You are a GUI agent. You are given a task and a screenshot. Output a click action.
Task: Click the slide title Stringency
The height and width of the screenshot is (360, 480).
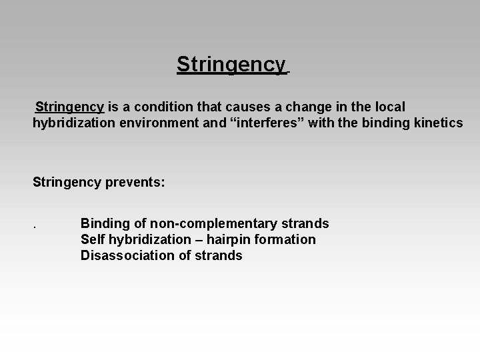click(231, 65)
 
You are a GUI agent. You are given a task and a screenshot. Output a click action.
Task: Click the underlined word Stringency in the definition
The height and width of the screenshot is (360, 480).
click(69, 107)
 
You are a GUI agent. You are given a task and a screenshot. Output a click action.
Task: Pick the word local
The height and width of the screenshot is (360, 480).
click(388, 107)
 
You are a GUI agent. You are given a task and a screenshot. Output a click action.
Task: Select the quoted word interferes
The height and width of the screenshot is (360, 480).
click(255, 123)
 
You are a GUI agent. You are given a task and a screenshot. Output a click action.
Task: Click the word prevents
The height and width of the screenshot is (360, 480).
click(136, 181)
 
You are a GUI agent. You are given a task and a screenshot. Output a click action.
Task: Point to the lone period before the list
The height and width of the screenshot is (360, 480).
click(34, 225)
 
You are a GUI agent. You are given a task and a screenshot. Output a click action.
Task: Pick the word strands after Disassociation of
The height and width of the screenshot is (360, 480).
click(219, 255)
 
